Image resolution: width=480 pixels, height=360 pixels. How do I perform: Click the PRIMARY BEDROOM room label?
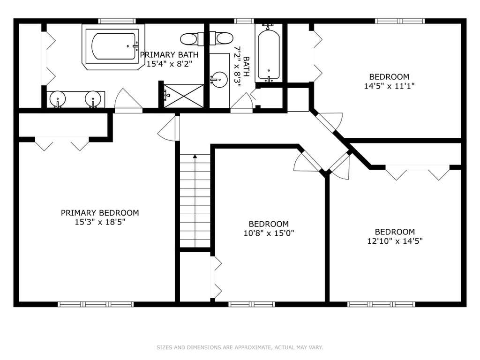pyautogui.click(x=100, y=213)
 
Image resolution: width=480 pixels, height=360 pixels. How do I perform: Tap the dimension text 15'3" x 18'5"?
pyautogui.click(x=100, y=222)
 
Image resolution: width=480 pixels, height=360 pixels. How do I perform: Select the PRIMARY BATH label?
pyautogui.click(x=169, y=55)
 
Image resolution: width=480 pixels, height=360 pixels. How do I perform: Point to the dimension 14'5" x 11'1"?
pyautogui.click(x=389, y=86)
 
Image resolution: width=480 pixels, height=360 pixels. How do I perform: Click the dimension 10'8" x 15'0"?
pyautogui.click(x=269, y=233)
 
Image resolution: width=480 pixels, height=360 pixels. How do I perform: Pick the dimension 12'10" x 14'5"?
pyautogui.click(x=395, y=241)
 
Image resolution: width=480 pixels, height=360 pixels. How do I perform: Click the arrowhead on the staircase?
pyautogui.click(x=195, y=157)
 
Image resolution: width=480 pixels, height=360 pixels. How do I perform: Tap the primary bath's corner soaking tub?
pyautogui.click(x=113, y=47)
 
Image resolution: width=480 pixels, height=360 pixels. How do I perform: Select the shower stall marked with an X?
pyautogui.click(x=184, y=96)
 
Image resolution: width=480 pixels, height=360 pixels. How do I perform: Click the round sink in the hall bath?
pyautogui.click(x=219, y=80)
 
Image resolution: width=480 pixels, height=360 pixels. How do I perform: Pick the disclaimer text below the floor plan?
pyautogui.click(x=240, y=347)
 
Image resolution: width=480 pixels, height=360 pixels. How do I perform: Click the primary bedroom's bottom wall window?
pyautogui.click(x=96, y=304)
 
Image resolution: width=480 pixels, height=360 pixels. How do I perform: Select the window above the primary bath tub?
pyautogui.click(x=117, y=21)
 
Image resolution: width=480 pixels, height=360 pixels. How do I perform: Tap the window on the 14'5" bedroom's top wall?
pyautogui.click(x=400, y=21)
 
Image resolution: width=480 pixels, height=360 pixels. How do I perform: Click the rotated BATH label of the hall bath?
pyautogui.click(x=246, y=67)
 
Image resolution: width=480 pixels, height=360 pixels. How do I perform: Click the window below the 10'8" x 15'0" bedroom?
pyautogui.click(x=252, y=304)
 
